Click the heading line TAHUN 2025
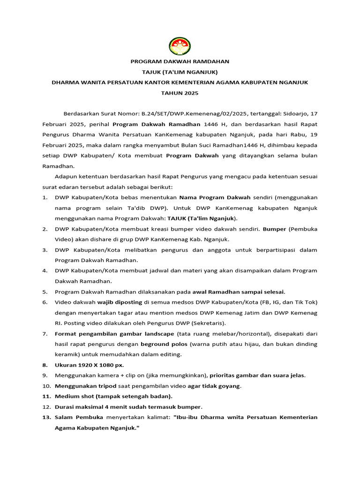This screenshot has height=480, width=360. (x=180, y=93)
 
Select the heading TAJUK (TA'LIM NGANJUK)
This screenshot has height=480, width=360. (x=180, y=72)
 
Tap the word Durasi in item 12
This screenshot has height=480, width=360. (x=65, y=406)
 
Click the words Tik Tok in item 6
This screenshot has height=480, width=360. (x=306, y=302)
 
